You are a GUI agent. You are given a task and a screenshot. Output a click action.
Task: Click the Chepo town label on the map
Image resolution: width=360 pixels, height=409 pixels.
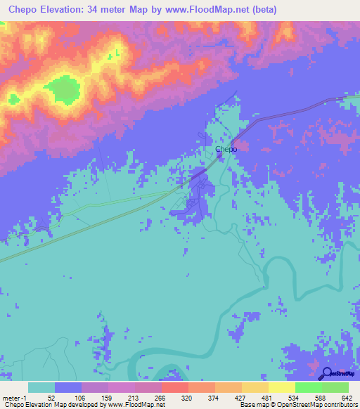[x=226, y=149]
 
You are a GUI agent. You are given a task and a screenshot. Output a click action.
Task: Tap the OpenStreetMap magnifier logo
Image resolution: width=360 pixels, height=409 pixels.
[x=326, y=373]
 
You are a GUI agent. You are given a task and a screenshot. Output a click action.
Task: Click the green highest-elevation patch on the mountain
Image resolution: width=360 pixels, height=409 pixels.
[x=64, y=90]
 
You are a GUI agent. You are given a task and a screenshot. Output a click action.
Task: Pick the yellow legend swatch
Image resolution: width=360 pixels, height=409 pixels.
[x=281, y=387]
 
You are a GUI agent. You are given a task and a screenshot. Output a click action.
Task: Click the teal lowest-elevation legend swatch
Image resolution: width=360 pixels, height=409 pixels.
[x=41, y=387]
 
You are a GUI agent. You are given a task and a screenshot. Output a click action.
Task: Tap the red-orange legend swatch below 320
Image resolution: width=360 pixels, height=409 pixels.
[x=174, y=387]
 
